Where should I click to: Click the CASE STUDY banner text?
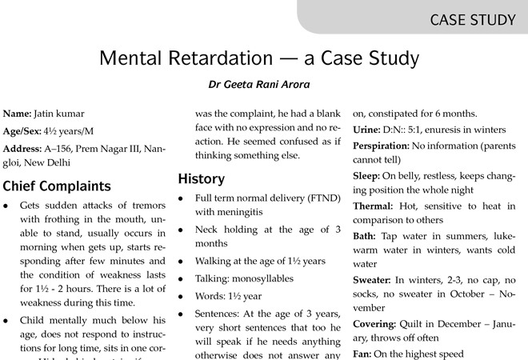pyautogui.click(x=473, y=19)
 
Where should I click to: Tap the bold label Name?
pyautogui.click(x=18, y=114)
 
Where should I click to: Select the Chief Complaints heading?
pyautogui.click(x=57, y=186)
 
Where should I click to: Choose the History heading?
pyautogui.click(x=201, y=178)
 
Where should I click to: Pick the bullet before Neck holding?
pyautogui.click(x=183, y=230)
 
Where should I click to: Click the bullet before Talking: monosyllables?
pyautogui.click(x=183, y=279)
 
